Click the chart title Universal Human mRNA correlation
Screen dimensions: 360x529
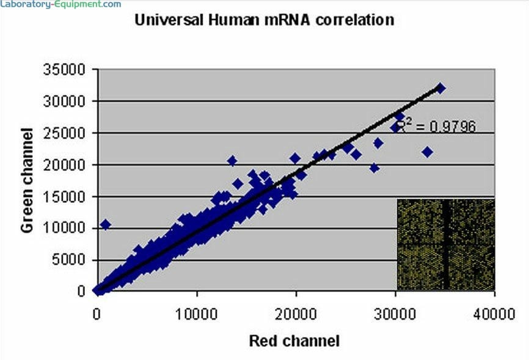point(264,20)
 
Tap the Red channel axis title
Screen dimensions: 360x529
point(294,340)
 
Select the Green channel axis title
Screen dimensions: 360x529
point(27,180)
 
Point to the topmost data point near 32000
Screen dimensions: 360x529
point(440,89)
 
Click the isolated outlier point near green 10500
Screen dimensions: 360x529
point(105,225)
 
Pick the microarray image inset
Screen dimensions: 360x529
point(445,244)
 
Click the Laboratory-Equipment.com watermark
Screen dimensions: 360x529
point(60,4)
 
